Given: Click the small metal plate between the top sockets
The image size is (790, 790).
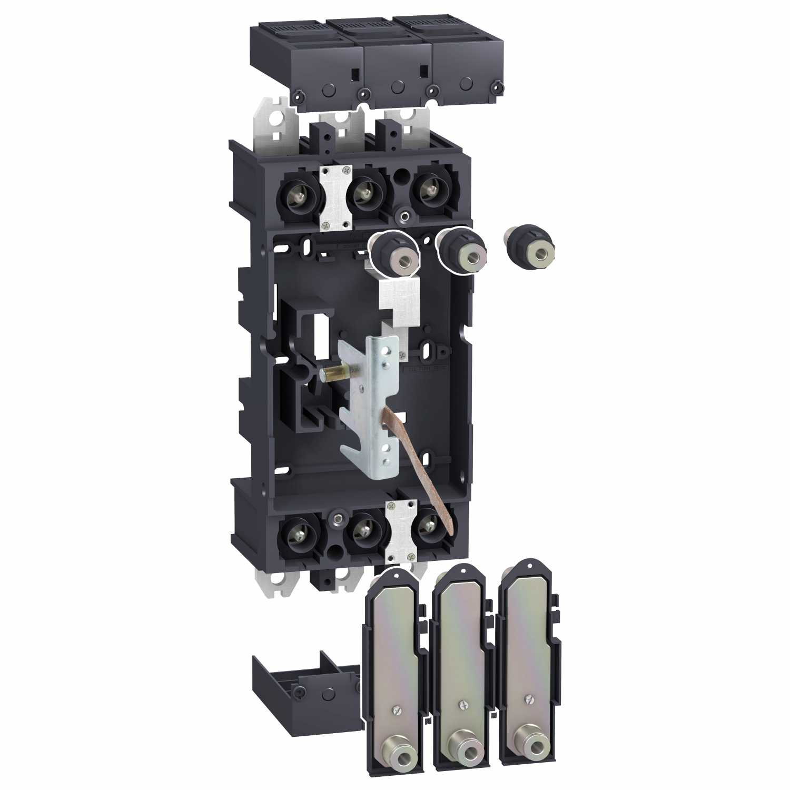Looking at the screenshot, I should (335, 195).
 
